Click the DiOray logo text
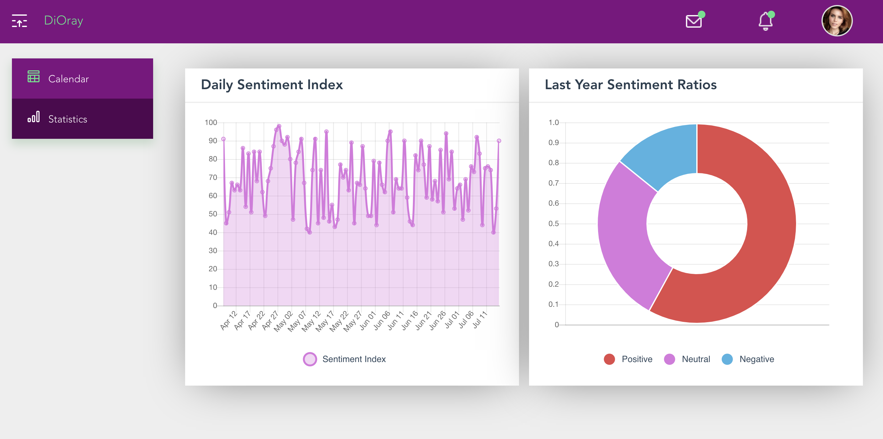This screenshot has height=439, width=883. coord(63,21)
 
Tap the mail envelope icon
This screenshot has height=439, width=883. coord(693,21)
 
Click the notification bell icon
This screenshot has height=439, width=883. coord(765,21)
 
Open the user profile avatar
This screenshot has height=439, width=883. coord(837,21)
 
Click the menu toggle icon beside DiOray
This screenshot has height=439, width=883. coord(19,21)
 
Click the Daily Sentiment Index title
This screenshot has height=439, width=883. coord(271,85)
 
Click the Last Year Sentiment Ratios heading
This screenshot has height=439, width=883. coord(630,85)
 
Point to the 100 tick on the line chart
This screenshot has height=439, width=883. coord(211,122)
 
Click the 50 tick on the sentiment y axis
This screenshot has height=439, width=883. coord(212,214)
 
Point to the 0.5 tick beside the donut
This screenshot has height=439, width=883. coord(553,224)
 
